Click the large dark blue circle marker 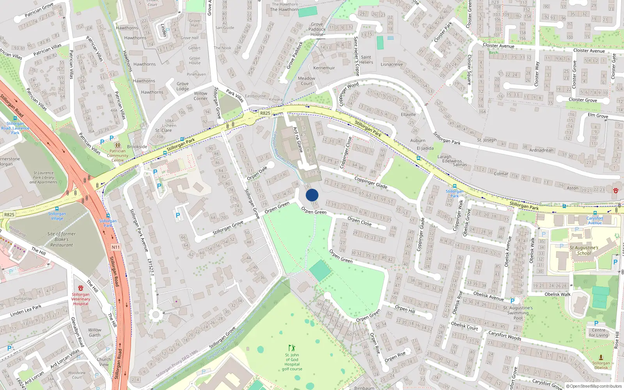312,195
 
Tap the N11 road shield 116,247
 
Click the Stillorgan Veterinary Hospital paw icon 81,288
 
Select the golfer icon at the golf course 292,348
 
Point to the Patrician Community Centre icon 117,145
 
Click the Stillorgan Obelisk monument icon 601,357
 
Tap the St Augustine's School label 584,250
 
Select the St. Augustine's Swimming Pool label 518,313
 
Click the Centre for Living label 599,332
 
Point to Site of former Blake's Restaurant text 61,239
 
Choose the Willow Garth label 94,332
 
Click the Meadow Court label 307,81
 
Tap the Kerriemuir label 324,68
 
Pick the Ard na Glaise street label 298,139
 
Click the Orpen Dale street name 257,173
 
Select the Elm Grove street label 598,115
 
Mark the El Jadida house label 425,148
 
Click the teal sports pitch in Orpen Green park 320,271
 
